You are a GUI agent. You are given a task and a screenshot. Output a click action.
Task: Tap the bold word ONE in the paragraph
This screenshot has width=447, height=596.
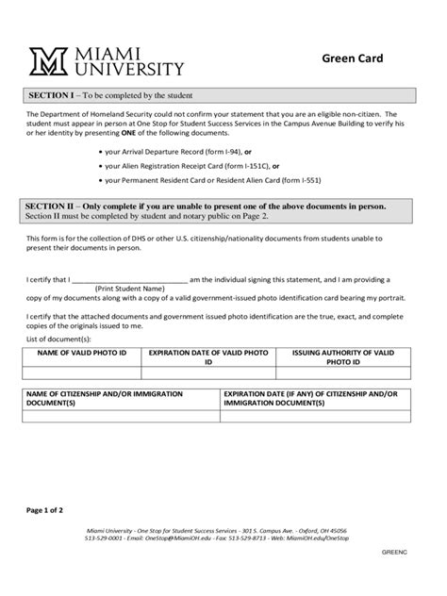coord(128,134)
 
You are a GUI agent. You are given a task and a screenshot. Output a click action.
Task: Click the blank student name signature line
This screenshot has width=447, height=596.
coord(129,279)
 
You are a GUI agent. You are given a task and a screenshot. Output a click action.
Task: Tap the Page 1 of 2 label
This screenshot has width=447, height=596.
coord(45,510)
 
